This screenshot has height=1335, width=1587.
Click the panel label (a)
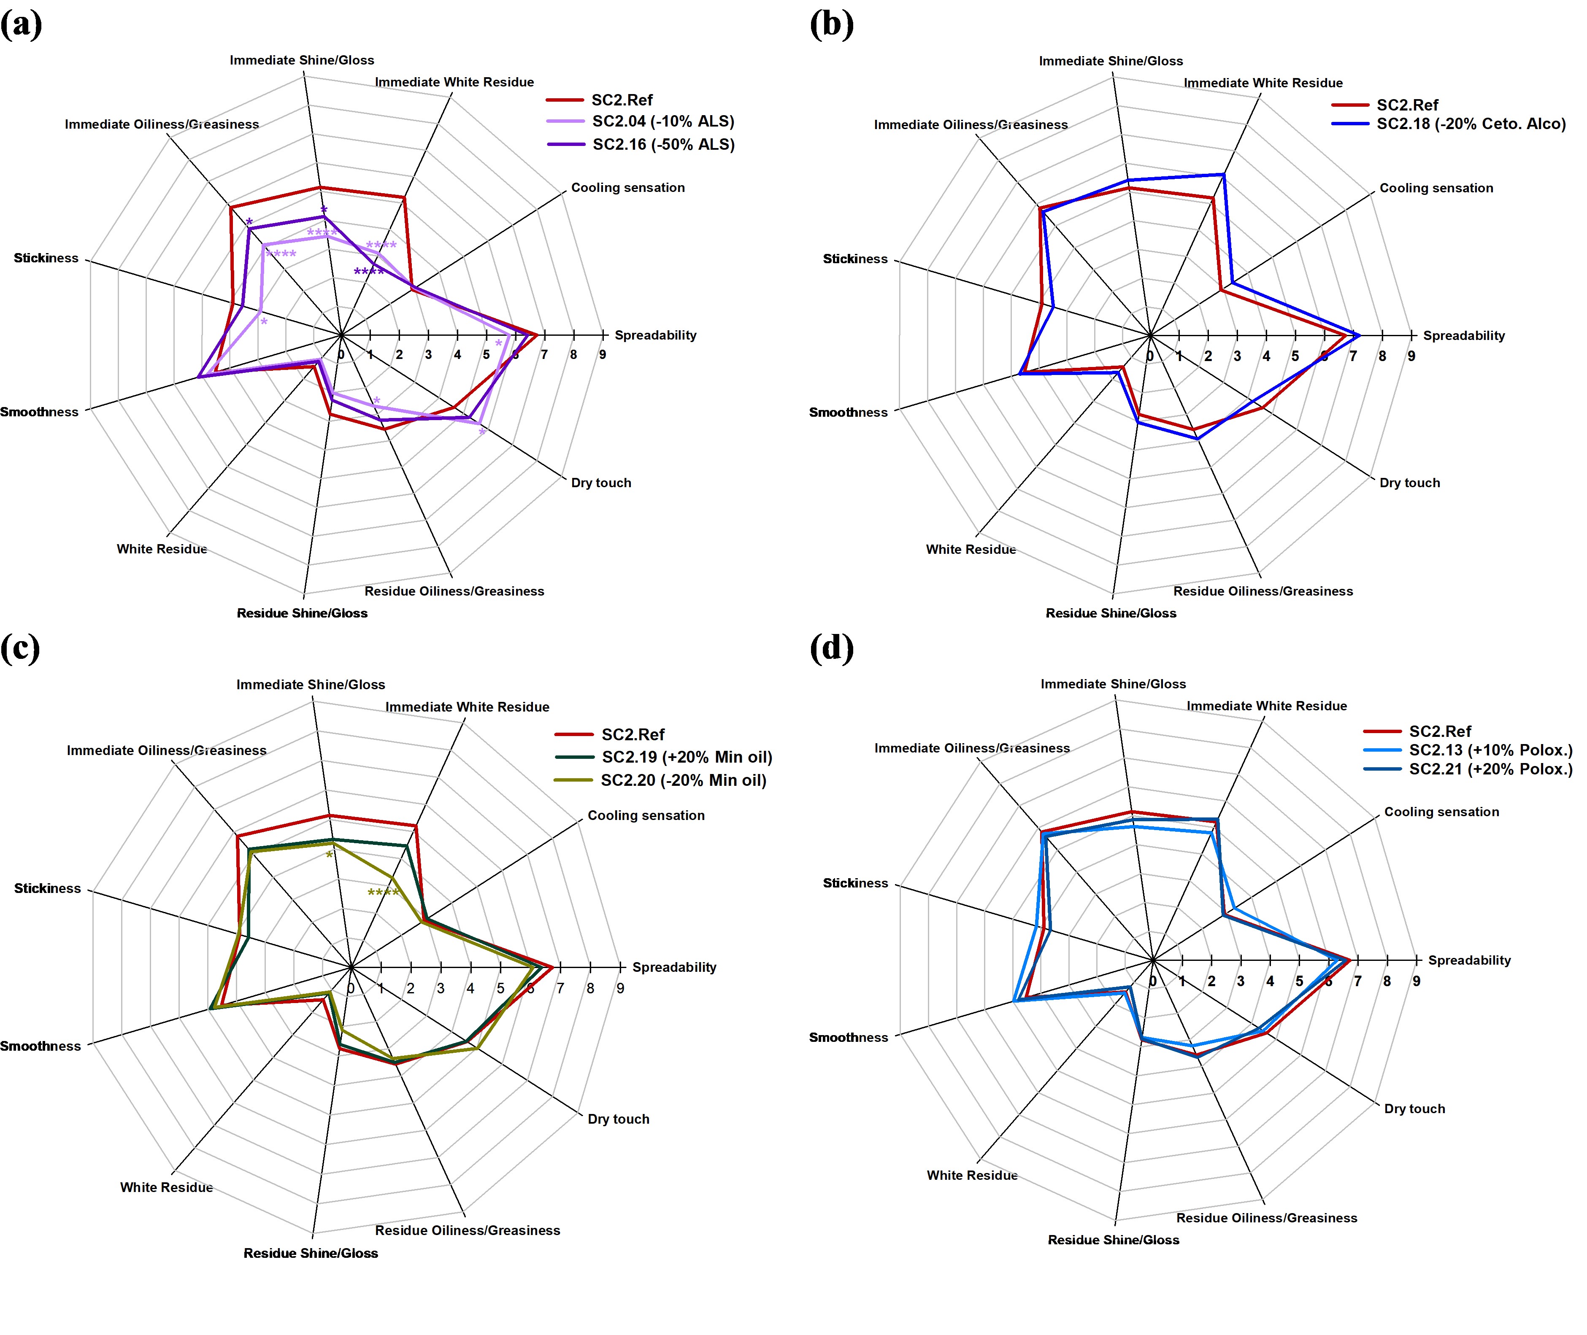pyautogui.click(x=21, y=25)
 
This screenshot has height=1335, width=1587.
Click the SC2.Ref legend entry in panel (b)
pyautogui.click(x=1407, y=105)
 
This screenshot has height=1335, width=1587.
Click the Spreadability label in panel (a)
pyautogui.click(x=655, y=335)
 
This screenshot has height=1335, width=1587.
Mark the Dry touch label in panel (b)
pyautogui.click(x=1409, y=483)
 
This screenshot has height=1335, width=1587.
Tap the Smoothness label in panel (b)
pyautogui.click(x=848, y=413)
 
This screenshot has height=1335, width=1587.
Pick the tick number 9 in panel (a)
pyautogui.click(x=602, y=355)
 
